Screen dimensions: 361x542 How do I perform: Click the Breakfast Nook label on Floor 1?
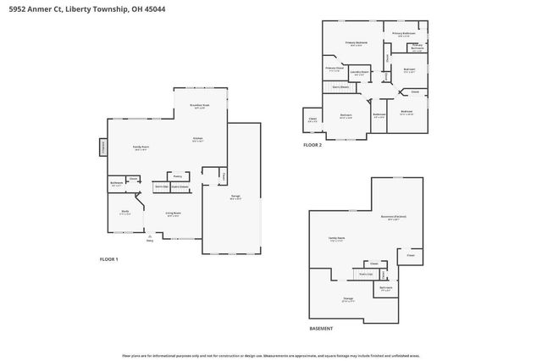pos(200,106)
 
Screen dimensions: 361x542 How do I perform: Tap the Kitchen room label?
pos(197,139)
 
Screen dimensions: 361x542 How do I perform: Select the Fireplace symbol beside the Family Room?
pos(103,147)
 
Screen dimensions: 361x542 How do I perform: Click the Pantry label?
pos(178,176)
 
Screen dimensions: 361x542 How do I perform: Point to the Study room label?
pos(124,212)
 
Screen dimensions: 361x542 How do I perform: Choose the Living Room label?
pos(173,215)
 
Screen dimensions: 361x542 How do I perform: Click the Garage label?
pos(235,197)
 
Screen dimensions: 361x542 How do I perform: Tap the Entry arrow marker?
pos(149,238)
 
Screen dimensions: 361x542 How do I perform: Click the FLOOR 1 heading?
pos(109,258)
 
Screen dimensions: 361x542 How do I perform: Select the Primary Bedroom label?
pos(356,42)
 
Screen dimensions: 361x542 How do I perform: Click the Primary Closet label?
pos(335,68)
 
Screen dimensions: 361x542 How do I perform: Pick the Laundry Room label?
pos(360,73)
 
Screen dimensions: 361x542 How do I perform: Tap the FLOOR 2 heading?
pos(312,145)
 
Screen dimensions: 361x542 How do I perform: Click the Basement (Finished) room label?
pos(394,217)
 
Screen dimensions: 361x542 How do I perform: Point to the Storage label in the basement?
pos(347,298)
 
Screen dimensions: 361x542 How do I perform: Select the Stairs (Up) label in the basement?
pos(367,274)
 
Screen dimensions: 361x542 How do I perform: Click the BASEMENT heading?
pos(321,328)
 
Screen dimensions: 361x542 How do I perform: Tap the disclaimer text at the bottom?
pos(270,354)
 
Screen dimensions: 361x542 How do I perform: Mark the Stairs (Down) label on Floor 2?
pos(340,86)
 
